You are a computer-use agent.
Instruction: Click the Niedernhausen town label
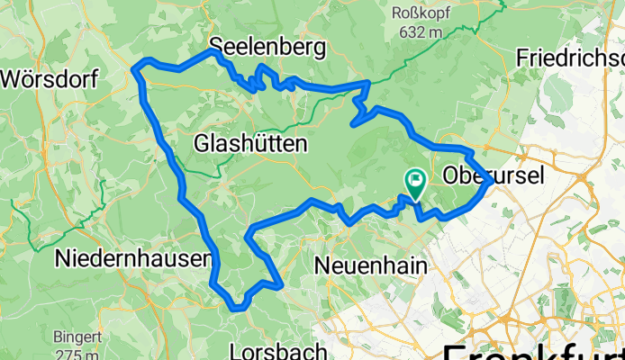click(x=133, y=259)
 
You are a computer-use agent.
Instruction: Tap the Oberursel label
click(x=494, y=176)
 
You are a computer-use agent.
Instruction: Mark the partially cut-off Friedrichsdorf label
click(x=570, y=57)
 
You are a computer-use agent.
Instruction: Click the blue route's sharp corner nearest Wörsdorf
click(x=137, y=67)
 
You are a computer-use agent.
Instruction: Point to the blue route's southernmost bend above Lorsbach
click(x=236, y=307)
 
